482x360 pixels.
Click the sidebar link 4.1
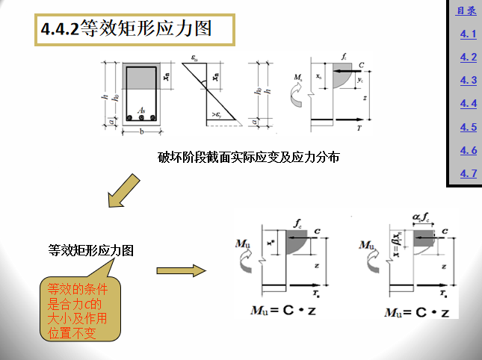point(469,34)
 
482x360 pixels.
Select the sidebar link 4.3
point(469,80)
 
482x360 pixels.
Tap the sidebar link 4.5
point(469,127)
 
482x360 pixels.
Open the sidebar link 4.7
point(469,173)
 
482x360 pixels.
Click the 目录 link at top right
point(466,10)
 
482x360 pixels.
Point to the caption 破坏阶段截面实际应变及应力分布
point(249,157)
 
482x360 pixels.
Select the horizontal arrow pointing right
point(180,270)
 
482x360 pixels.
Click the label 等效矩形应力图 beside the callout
point(91,251)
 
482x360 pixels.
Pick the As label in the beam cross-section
point(140,110)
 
